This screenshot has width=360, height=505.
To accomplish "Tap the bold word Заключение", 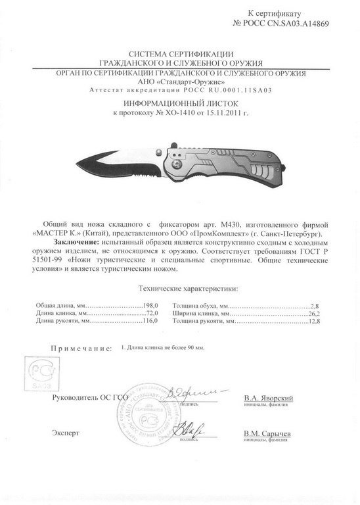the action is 73,243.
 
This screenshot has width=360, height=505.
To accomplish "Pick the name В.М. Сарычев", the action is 267,435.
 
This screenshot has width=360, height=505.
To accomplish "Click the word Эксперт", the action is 66,435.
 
